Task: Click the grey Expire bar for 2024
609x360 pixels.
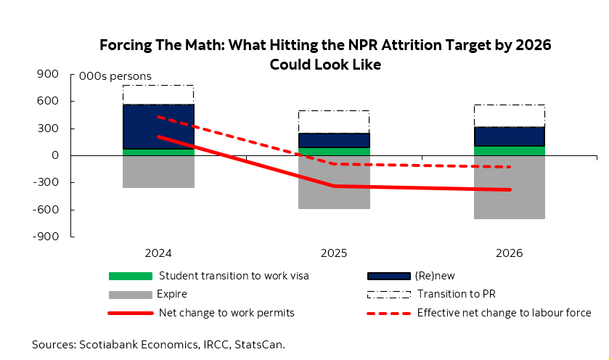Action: [x=158, y=172]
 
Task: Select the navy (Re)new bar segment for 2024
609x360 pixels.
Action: [x=158, y=127]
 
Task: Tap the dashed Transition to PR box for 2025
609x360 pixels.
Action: [x=334, y=122]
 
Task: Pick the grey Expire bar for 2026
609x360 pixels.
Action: [x=510, y=187]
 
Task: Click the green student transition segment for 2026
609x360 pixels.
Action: [x=510, y=151]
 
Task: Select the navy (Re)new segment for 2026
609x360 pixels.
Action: [x=510, y=136]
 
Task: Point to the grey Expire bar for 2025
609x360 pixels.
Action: [x=334, y=182]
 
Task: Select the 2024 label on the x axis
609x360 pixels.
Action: [x=158, y=254]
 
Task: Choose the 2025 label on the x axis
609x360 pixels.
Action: [x=334, y=254]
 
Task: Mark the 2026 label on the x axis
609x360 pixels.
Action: [x=510, y=254]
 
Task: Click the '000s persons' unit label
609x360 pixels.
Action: [x=115, y=76]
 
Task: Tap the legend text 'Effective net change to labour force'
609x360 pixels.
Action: [x=504, y=314]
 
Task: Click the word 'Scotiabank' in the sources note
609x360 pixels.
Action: [x=110, y=344]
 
